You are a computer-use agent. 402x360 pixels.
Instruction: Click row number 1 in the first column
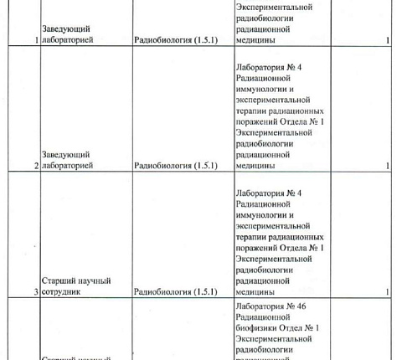click(35, 40)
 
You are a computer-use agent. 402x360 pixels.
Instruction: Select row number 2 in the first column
click(35, 166)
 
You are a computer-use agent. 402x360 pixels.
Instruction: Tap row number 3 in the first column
click(35, 292)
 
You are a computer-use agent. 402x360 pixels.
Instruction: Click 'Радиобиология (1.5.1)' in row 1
click(175, 40)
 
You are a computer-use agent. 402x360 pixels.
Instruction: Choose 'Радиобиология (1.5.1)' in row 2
click(175, 166)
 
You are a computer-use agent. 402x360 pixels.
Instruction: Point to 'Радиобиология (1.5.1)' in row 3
click(175, 292)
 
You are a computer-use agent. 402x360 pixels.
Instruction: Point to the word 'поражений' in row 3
click(260, 249)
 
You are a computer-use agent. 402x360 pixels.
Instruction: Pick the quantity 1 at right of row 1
click(388, 40)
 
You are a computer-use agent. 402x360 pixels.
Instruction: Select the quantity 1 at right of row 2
click(388, 166)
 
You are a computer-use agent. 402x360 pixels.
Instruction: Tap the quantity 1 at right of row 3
click(388, 292)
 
